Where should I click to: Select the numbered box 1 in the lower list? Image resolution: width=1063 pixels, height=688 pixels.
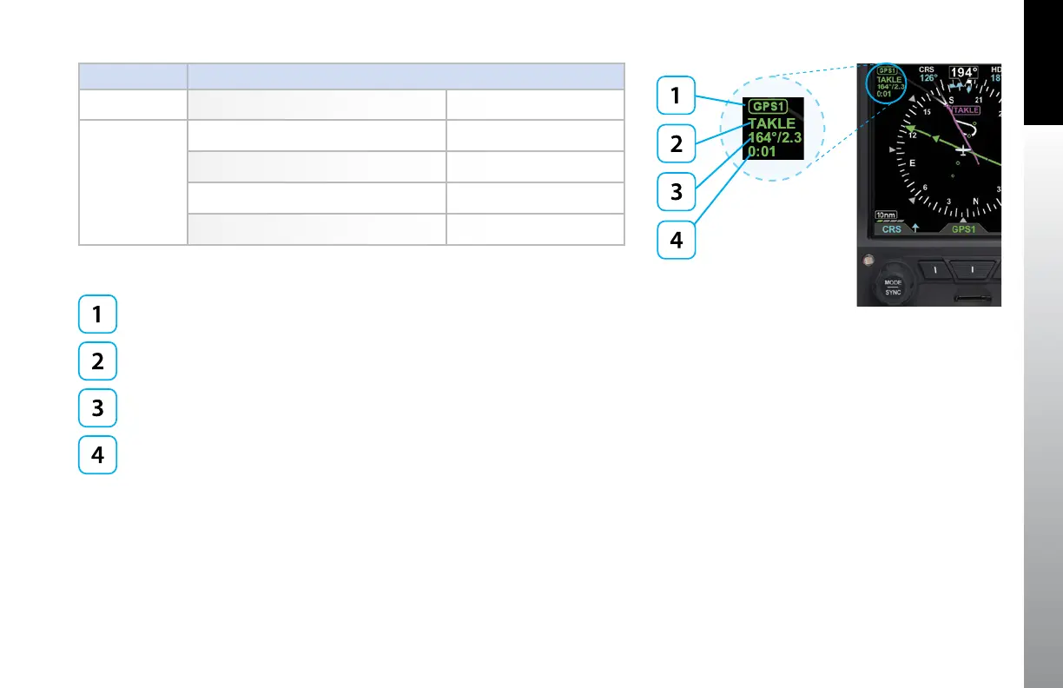[97, 316]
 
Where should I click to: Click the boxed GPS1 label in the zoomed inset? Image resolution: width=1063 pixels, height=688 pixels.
[769, 108]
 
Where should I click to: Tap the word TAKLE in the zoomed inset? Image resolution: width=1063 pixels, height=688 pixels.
[771, 123]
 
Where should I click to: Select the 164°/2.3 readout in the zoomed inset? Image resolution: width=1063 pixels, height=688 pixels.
[775, 137]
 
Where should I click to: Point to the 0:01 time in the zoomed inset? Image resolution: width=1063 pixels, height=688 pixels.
[763, 151]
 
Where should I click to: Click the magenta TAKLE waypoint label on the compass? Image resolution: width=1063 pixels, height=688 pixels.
[966, 110]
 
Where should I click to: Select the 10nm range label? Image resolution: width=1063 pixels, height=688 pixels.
[887, 215]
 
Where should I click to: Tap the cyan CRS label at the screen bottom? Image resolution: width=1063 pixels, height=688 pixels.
[891, 230]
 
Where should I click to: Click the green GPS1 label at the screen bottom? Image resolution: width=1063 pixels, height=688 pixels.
[964, 230]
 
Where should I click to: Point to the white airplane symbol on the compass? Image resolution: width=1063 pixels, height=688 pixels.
[961, 149]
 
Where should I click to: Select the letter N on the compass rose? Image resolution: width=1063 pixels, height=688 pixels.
[974, 203]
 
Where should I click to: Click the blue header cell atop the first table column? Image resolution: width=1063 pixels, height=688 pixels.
[133, 76]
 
